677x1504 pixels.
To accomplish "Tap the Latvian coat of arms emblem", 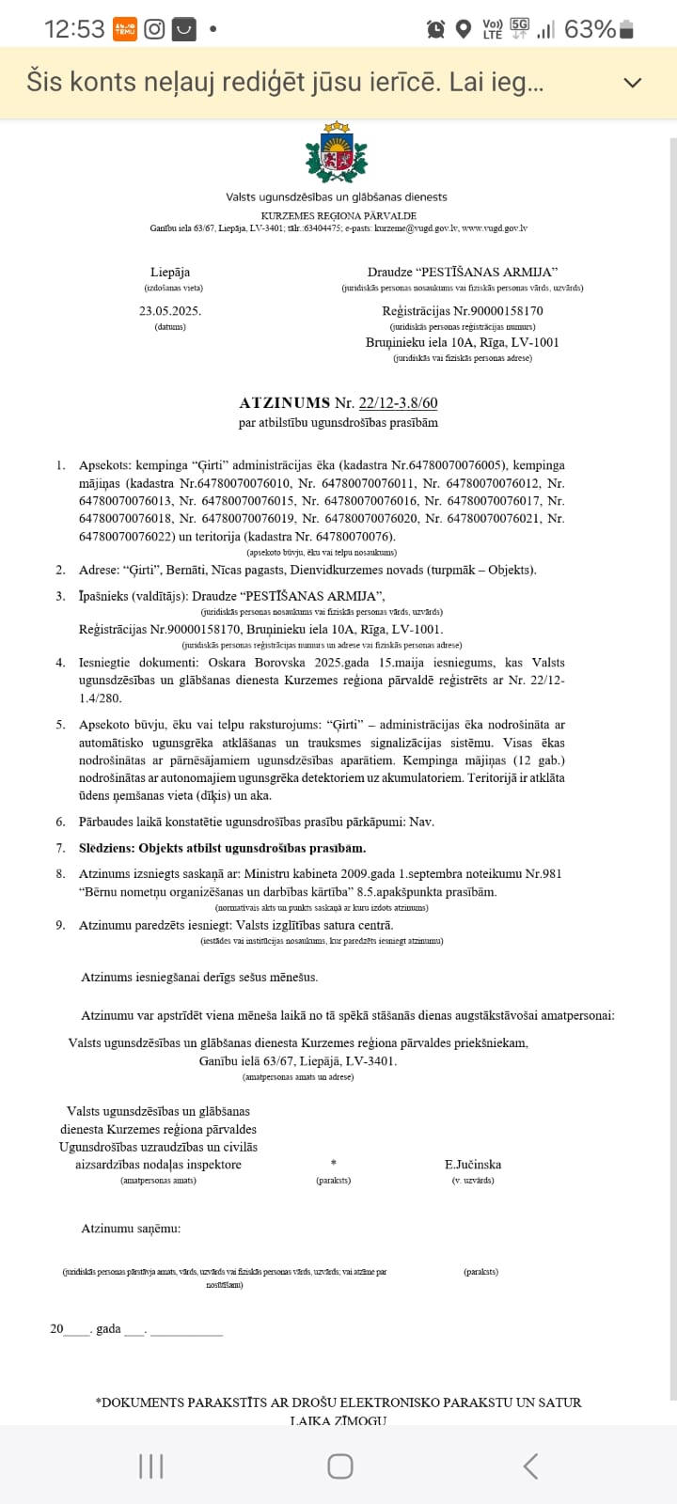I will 337,152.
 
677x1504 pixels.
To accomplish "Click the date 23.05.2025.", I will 170,310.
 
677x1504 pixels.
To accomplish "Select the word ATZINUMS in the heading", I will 284,402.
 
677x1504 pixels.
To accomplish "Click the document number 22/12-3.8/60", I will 398,402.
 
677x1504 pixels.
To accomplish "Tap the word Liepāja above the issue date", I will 170,272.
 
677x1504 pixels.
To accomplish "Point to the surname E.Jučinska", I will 473,1164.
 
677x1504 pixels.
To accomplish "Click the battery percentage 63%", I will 590,29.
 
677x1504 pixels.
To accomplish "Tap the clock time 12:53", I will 74,29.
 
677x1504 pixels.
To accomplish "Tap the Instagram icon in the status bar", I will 154,29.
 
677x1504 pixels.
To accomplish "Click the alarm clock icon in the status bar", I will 435,29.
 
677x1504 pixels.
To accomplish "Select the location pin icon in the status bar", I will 463,29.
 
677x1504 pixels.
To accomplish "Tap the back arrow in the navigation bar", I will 530,1465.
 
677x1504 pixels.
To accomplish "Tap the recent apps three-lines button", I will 150,1465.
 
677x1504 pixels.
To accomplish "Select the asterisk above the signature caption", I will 334,1164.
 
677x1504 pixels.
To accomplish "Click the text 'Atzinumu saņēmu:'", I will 131,1228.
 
